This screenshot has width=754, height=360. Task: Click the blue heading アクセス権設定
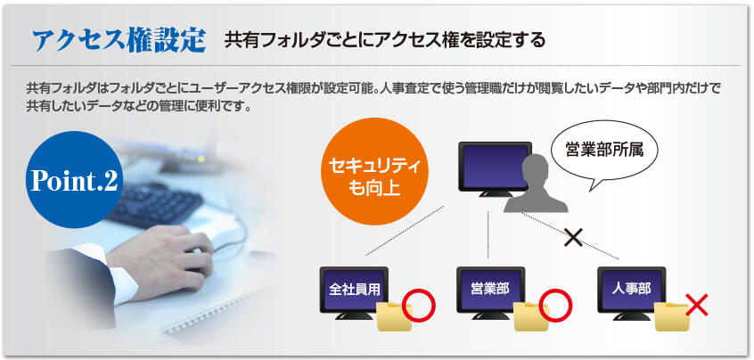(119, 40)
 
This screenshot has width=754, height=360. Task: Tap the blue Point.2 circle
(74, 179)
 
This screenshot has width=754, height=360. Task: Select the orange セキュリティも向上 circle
(373, 172)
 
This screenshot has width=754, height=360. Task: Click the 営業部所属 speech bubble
(604, 154)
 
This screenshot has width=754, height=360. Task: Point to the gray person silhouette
(536, 185)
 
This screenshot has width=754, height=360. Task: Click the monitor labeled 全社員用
(354, 292)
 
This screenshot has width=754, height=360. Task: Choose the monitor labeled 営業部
(490, 292)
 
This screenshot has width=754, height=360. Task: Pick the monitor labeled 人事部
(631, 292)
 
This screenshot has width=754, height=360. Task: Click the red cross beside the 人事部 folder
(697, 306)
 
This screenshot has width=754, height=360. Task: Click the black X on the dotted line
(573, 237)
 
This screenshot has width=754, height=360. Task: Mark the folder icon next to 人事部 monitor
(672, 316)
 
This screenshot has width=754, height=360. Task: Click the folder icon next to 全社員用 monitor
(394, 316)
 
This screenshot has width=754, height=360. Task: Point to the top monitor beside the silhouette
(495, 168)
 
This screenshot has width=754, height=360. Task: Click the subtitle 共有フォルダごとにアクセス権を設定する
(385, 40)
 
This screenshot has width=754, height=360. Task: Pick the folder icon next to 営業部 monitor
(531, 316)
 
